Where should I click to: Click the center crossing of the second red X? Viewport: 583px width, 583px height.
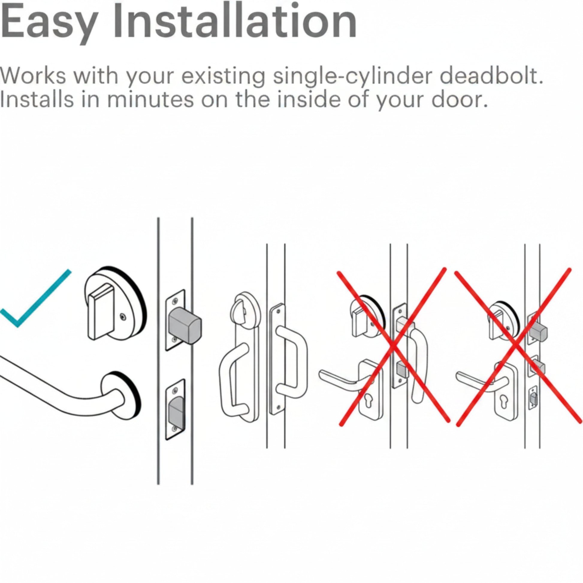click(516, 344)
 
